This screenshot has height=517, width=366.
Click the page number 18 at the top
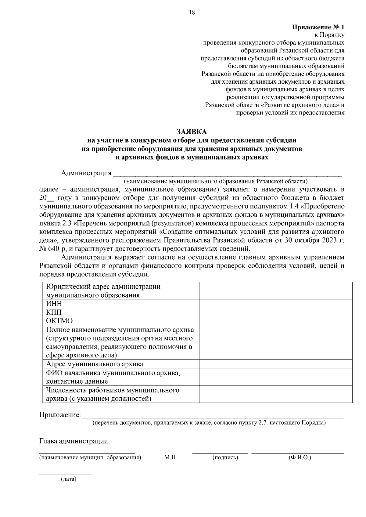192,13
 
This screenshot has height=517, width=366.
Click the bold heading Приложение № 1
318,27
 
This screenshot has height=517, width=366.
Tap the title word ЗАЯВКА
192,132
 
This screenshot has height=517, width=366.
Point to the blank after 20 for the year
50,198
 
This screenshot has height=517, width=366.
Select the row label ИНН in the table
54,304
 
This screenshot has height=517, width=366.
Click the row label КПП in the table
54,312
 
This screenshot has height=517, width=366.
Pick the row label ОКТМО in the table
59,321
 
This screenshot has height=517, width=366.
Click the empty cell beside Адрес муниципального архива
276,364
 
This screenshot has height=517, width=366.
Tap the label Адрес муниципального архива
95,364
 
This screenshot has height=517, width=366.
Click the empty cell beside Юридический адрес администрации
276,291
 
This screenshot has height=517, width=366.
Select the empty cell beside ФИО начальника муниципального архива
276,377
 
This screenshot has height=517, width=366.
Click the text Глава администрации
74,441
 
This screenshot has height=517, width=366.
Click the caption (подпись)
225,457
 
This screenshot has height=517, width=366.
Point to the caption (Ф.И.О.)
300,457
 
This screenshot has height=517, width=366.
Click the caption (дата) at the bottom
69,479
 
